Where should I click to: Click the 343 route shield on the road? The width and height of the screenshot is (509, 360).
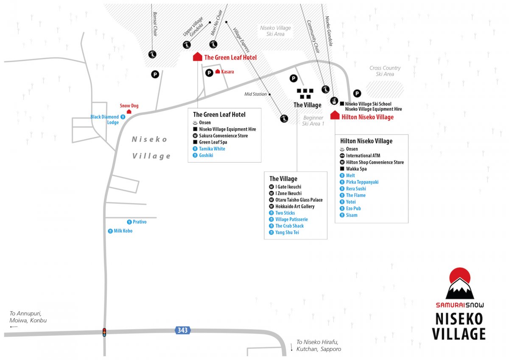click(x=183, y=330)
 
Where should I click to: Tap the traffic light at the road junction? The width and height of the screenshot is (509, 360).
click(x=104, y=332)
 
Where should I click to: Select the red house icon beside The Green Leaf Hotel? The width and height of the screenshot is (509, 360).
click(x=198, y=56)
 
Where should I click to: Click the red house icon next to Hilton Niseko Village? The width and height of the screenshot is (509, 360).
click(x=335, y=115)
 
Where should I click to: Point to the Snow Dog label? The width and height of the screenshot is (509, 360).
click(x=129, y=106)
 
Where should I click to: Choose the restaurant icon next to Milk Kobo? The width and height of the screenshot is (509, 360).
click(x=110, y=231)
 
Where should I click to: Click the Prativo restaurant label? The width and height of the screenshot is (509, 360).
click(x=140, y=222)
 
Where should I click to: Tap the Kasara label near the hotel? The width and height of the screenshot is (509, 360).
click(x=227, y=72)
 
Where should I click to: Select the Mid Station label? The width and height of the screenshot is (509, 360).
click(x=255, y=94)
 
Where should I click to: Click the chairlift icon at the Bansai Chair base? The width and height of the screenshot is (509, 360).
click(x=152, y=54)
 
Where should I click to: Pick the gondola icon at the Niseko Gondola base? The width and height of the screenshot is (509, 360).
click(x=334, y=101)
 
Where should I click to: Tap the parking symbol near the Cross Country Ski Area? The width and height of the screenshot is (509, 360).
click(x=357, y=93)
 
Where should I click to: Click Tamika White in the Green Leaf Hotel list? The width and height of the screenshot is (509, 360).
click(x=212, y=149)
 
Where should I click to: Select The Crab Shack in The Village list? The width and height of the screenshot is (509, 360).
click(x=289, y=226)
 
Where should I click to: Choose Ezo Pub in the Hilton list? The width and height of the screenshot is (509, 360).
click(x=353, y=208)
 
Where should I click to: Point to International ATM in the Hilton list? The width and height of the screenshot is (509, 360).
click(x=363, y=155)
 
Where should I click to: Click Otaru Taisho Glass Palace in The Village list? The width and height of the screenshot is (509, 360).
click(x=299, y=200)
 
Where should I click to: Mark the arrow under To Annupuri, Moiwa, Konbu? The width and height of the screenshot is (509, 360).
click(x=14, y=327)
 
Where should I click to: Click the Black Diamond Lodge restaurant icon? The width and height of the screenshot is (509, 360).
click(x=123, y=117)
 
